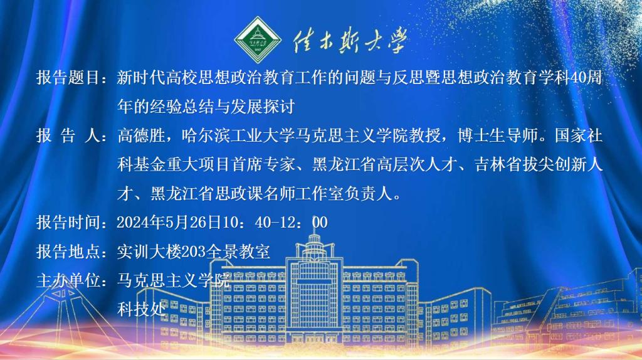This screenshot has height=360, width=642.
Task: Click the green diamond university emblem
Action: (x=258, y=40)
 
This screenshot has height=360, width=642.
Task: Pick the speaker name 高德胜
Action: (x=141, y=135)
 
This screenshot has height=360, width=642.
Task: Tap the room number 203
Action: (x=194, y=251)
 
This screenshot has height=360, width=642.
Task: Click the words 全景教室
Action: (x=238, y=251)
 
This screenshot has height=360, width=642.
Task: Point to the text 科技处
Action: (x=141, y=309)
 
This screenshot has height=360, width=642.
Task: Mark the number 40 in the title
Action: (x=577, y=77)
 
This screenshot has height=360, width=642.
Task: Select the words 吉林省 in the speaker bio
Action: (x=498, y=164)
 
